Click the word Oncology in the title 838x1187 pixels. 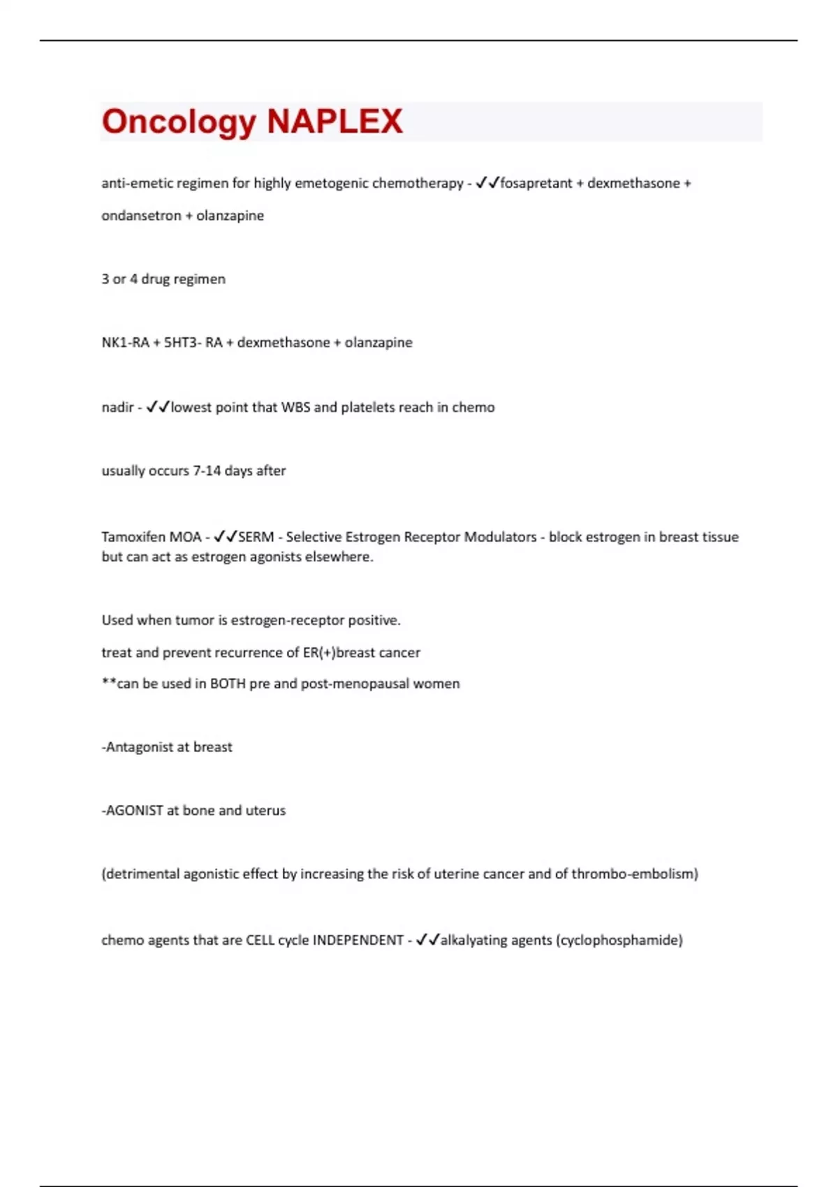coord(179,122)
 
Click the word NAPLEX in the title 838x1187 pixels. coord(335,121)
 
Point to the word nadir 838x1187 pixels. coord(117,407)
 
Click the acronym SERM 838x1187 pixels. coord(256,537)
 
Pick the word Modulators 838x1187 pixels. coord(501,537)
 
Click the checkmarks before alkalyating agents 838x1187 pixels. coord(427,940)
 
